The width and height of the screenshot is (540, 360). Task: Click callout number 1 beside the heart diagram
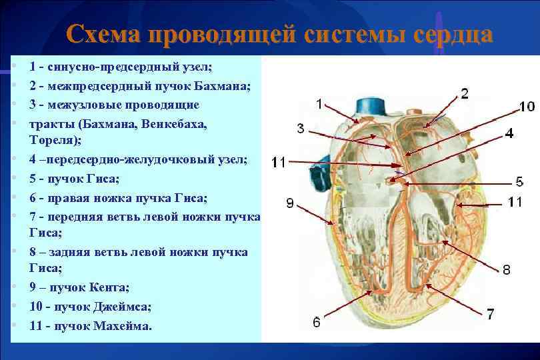[319, 103]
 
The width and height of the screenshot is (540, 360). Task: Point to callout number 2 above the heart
[464, 93]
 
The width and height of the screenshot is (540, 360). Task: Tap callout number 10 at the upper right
[527, 107]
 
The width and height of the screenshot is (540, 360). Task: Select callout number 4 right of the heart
[509, 133]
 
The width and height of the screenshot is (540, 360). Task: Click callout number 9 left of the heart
[291, 203]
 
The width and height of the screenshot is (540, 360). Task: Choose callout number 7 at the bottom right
[490, 313]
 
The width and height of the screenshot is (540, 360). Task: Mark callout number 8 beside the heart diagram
[507, 270]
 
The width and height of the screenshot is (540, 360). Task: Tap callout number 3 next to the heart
[301, 129]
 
